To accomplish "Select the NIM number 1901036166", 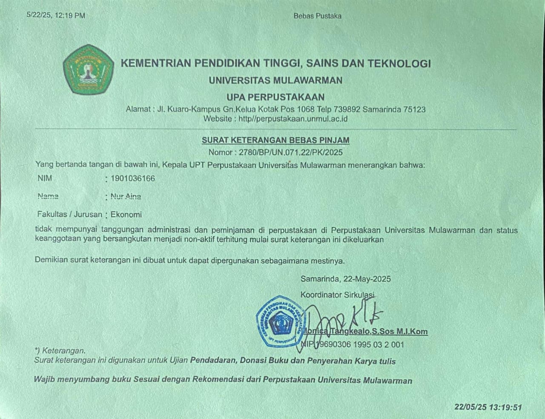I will [x=133, y=178].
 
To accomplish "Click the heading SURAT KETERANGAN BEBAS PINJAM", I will [x=275, y=140].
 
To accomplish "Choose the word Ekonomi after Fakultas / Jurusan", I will [x=126, y=215].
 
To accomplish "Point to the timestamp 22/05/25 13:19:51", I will [x=488, y=407].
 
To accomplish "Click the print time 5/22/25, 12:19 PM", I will [x=56, y=15].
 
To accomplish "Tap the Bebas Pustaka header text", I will [x=317, y=16].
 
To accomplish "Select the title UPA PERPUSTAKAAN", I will [x=275, y=97].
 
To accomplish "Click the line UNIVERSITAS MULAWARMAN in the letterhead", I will [x=275, y=80].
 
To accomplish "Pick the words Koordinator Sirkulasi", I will [x=337, y=295].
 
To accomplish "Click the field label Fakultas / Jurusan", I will [x=70, y=215].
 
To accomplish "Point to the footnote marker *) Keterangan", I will [x=60, y=351].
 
